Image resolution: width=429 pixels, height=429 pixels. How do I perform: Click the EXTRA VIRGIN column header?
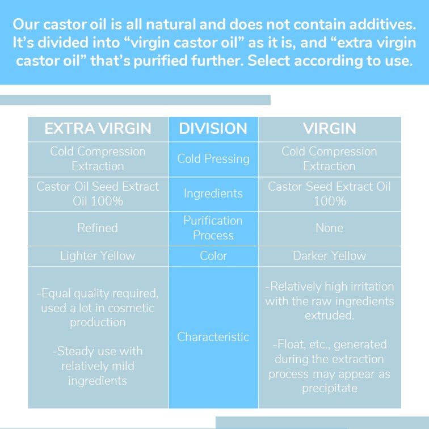[x=98, y=129]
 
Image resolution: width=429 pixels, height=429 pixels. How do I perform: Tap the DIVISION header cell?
[x=213, y=129]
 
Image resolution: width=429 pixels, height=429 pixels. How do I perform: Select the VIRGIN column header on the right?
[x=329, y=129]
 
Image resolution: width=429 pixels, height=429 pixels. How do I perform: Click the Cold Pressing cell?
[x=213, y=159]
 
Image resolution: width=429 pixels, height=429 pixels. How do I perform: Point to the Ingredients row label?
[x=213, y=194]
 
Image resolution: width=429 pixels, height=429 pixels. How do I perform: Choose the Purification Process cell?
[x=213, y=228]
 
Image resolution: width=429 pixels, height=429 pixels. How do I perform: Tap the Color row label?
[x=213, y=256]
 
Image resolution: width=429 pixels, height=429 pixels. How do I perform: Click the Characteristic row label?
[x=213, y=337]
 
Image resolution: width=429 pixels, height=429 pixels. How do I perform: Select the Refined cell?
[x=98, y=228]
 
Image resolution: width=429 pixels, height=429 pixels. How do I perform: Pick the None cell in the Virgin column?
[x=329, y=228]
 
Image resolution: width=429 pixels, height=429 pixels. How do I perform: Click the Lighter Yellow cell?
[x=98, y=256]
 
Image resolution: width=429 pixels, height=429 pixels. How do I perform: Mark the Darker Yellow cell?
[x=329, y=256]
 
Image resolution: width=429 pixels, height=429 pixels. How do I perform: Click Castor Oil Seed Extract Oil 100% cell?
[x=98, y=194]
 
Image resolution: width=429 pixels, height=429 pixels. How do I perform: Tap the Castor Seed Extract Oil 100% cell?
[x=329, y=194]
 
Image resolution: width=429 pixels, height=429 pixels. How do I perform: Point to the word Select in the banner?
[x=268, y=61]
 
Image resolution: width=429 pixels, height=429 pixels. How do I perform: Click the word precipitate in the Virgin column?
[x=329, y=389]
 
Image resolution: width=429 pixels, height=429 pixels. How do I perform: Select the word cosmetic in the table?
[x=131, y=308]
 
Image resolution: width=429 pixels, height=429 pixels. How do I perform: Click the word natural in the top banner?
[x=170, y=24]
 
